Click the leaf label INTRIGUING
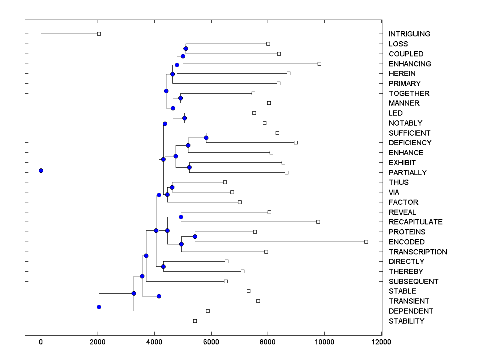tap(409, 34)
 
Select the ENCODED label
tap(406, 242)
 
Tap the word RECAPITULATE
tap(416, 222)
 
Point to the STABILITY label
tap(406, 321)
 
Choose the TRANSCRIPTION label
tap(418, 252)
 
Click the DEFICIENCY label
tap(410, 143)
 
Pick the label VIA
tap(394, 192)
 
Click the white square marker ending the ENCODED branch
tap(366, 242)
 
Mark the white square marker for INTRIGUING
tap(99, 34)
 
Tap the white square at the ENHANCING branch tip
tap(319, 64)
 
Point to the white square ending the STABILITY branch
tap(195, 321)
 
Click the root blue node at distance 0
tap(41, 170)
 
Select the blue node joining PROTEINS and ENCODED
tap(195, 236)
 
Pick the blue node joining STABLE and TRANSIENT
tap(159, 296)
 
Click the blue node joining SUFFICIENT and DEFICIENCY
tap(206, 138)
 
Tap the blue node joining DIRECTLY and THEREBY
tap(163, 266)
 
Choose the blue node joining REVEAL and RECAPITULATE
tap(181, 217)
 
